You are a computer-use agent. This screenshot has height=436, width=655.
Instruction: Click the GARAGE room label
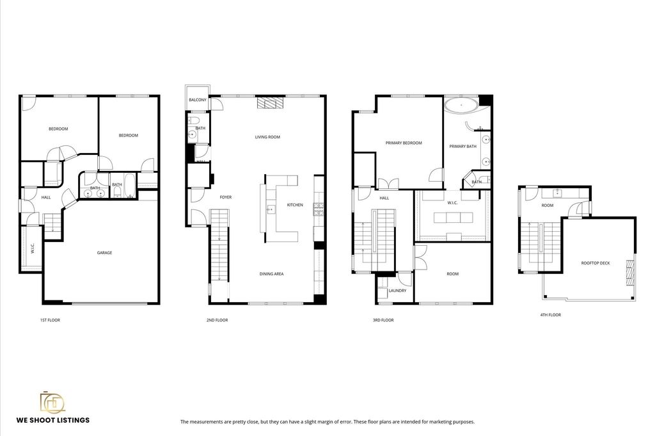point(104,253)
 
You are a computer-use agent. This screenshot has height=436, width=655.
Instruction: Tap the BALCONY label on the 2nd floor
point(198,100)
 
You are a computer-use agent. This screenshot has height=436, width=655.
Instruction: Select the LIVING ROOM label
point(267,137)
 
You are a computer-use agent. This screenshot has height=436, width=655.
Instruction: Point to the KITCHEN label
point(295,205)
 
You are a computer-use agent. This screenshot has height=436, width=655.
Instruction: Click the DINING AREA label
point(271,274)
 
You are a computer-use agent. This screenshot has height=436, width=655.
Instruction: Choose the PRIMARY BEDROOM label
point(404,143)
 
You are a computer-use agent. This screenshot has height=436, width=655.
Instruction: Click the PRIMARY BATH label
point(463,147)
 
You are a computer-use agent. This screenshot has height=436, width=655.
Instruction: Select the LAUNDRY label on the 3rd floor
point(397,291)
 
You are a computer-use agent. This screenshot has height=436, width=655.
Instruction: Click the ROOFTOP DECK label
point(596,263)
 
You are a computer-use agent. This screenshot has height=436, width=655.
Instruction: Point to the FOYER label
point(226,197)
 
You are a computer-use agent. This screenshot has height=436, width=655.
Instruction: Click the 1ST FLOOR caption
point(50,320)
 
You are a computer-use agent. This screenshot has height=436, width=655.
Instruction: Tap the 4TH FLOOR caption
point(551,315)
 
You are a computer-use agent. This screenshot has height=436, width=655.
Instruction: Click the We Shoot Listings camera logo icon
point(52,402)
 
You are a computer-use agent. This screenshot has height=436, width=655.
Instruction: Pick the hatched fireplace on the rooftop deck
point(629,273)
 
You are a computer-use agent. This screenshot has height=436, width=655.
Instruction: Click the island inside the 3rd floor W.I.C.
point(454,218)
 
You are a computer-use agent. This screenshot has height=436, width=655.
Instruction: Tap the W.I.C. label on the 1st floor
point(33,248)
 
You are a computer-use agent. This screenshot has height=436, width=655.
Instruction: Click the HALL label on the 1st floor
point(46,197)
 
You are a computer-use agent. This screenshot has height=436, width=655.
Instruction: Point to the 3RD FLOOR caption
point(383,320)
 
